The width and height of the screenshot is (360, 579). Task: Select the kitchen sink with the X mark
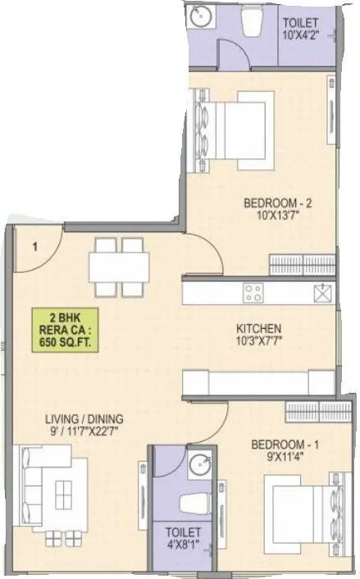322,293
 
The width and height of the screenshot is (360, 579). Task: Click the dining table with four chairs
121,267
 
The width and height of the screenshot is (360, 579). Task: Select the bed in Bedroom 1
300,517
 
